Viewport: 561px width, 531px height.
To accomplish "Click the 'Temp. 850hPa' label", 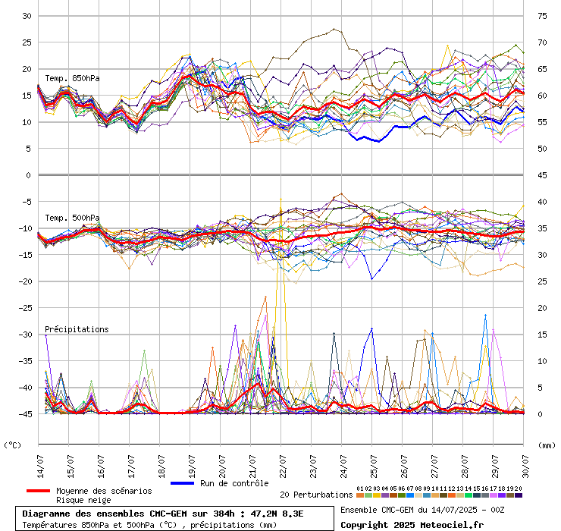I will click(x=72, y=78).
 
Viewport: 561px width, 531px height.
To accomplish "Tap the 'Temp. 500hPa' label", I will click(x=72, y=218).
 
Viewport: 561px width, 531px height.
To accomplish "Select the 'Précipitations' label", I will click(x=77, y=329).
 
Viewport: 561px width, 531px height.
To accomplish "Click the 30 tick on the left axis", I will click(x=26, y=16).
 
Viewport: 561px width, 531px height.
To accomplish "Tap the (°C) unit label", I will click(x=14, y=445).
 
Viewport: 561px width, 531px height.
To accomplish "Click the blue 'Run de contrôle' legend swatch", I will click(x=183, y=483).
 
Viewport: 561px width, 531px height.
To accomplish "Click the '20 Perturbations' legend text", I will click(x=316, y=495).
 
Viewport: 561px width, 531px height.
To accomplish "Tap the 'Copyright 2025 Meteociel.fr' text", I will click(x=412, y=524).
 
